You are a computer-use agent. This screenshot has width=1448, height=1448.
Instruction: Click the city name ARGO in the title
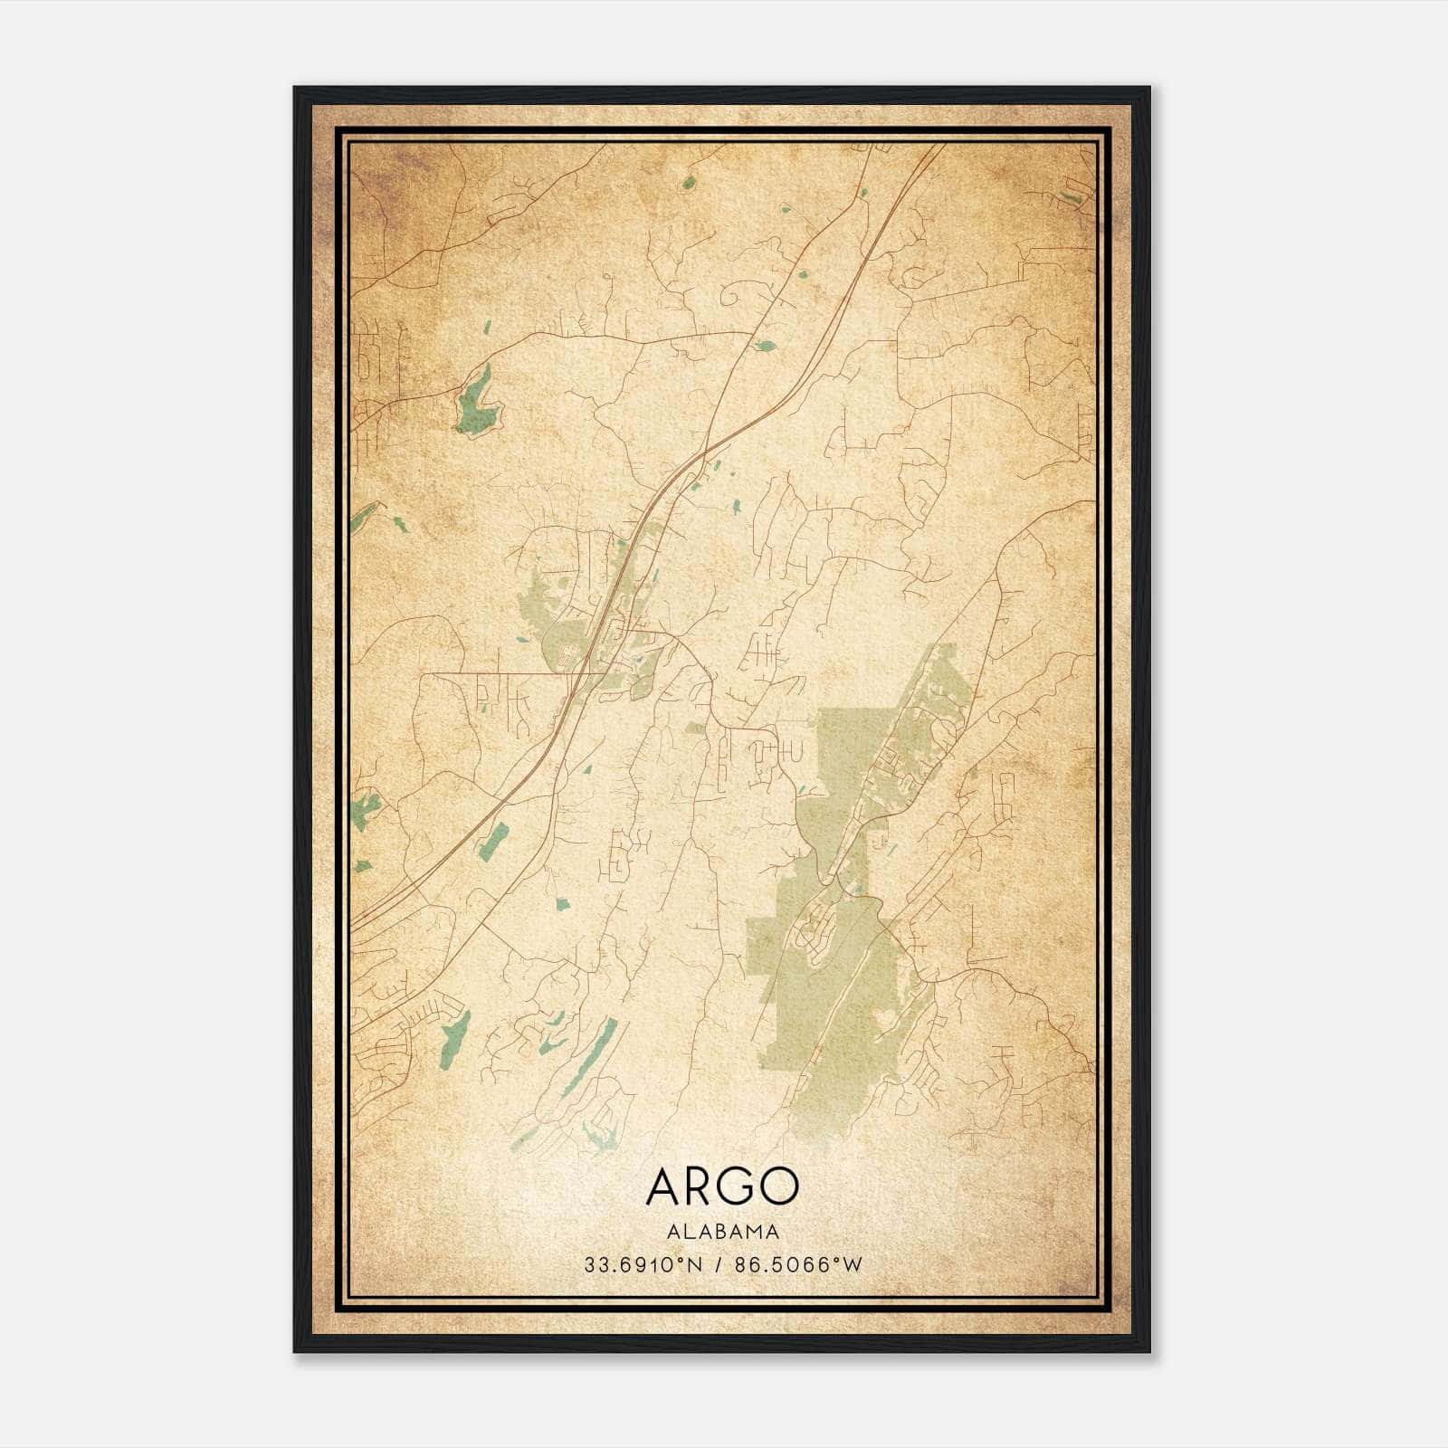(722, 1186)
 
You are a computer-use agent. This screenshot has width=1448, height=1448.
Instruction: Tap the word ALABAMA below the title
(722, 1232)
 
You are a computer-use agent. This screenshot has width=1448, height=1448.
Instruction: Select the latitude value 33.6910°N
(643, 1265)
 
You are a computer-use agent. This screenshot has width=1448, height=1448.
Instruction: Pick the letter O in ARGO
(778, 1186)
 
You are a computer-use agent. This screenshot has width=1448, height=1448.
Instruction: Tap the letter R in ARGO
(698, 1186)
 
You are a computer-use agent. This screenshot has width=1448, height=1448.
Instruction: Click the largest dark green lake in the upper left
(476, 403)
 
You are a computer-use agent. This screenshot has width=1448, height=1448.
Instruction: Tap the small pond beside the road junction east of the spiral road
(765, 345)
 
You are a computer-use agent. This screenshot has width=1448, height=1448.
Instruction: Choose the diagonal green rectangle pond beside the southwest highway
(493, 841)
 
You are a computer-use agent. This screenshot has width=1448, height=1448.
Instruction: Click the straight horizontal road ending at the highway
(507, 673)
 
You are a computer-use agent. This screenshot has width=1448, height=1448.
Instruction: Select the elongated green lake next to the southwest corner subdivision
(457, 1036)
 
